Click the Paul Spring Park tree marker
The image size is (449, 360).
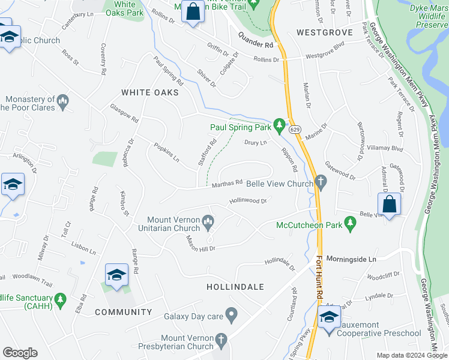[279, 125]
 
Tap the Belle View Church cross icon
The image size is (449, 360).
[321, 182]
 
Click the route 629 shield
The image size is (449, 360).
[294, 129]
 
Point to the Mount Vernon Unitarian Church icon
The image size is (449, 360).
[208, 223]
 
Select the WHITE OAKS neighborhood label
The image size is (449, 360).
[150, 92]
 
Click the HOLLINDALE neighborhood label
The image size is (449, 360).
[235, 287]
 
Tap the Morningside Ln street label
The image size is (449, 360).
[351, 259]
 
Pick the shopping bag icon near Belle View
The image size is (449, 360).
[389, 204]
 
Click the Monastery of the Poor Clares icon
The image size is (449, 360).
[62, 103]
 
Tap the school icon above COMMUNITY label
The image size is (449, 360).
[116, 275]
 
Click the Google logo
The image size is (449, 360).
[20, 353]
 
